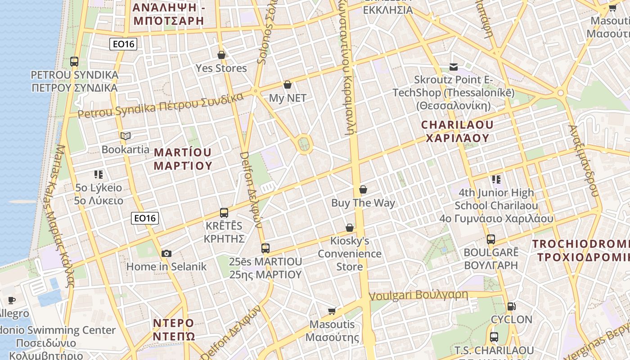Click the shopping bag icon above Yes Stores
(x=221, y=55)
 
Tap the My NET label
(x=288, y=98)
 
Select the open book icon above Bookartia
(x=125, y=136)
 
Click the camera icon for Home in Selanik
(x=166, y=253)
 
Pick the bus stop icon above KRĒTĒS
(x=224, y=213)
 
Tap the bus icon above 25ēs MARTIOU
(x=265, y=248)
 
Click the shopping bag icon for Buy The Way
(x=363, y=189)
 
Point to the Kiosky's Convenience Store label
(x=350, y=253)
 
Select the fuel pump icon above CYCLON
(x=511, y=306)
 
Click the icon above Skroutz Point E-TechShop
(x=454, y=67)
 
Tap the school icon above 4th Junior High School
(x=496, y=180)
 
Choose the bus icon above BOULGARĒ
(x=491, y=239)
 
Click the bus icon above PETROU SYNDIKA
(x=74, y=62)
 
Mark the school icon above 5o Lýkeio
(x=99, y=174)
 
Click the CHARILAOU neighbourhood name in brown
(x=457, y=131)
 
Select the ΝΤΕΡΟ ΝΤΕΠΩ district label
(x=174, y=329)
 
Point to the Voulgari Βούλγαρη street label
(x=418, y=295)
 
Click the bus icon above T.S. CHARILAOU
(x=494, y=337)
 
